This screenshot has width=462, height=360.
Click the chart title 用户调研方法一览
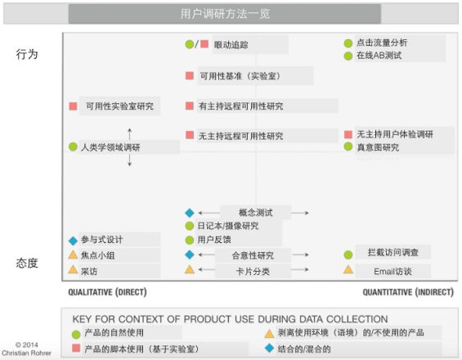pos(225,14)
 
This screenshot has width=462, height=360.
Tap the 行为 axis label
pos(27,54)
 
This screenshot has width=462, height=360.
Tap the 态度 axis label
pos(27,263)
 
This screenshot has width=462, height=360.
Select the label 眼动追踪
pos(231,45)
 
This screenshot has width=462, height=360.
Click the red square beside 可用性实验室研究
pos(73,106)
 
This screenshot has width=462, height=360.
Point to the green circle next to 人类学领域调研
pos(73,146)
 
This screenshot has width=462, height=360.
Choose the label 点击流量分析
pos(382,43)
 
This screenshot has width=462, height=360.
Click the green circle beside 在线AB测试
pos(348,56)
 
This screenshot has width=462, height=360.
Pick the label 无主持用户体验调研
pos(395,134)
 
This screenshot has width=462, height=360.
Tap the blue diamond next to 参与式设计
pos(73,241)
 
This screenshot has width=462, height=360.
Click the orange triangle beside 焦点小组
pos(73,254)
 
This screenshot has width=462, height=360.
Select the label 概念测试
pos(255,213)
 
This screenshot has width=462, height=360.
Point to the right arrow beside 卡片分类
pos(301,269)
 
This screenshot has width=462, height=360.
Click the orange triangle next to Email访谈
pos(348,269)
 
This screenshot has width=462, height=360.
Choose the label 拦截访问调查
pos(393,252)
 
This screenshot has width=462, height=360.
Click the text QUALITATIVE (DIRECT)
pos(107,292)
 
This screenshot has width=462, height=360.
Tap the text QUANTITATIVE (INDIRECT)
pos(408,292)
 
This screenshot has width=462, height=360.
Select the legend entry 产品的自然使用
pos(114,333)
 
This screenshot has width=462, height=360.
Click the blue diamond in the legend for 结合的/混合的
pos(269,348)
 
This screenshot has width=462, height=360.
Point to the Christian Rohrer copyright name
pos(26,353)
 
